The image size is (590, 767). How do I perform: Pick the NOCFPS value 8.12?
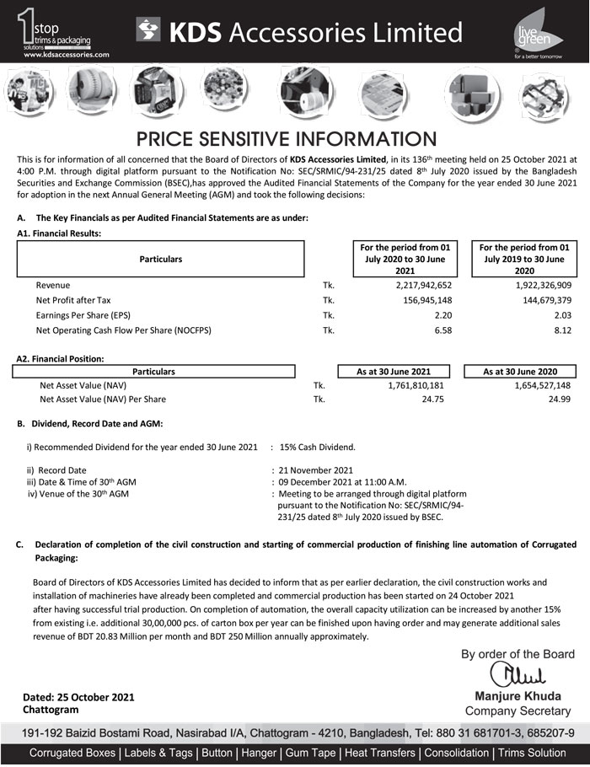(x=561, y=330)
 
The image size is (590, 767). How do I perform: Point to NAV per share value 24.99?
(x=560, y=400)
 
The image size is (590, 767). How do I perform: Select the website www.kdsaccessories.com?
(x=67, y=53)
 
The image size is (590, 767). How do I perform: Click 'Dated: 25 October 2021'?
(x=78, y=698)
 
